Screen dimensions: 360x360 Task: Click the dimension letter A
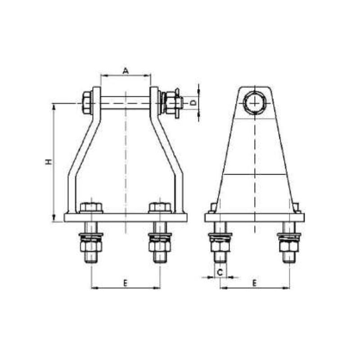tap(126, 71)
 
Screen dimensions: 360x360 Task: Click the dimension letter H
tap(48, 162)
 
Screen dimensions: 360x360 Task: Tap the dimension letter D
tap(194, 103)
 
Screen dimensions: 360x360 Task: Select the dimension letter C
tap(220, 273)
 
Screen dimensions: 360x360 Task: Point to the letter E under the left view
tap(126, 283)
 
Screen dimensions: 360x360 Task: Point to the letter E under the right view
tap(254, 283)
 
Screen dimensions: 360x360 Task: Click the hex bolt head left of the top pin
tap(87, 103)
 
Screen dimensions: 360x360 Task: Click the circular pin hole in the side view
tap(255, 103)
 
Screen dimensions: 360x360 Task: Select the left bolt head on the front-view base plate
tap(91, 207)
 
